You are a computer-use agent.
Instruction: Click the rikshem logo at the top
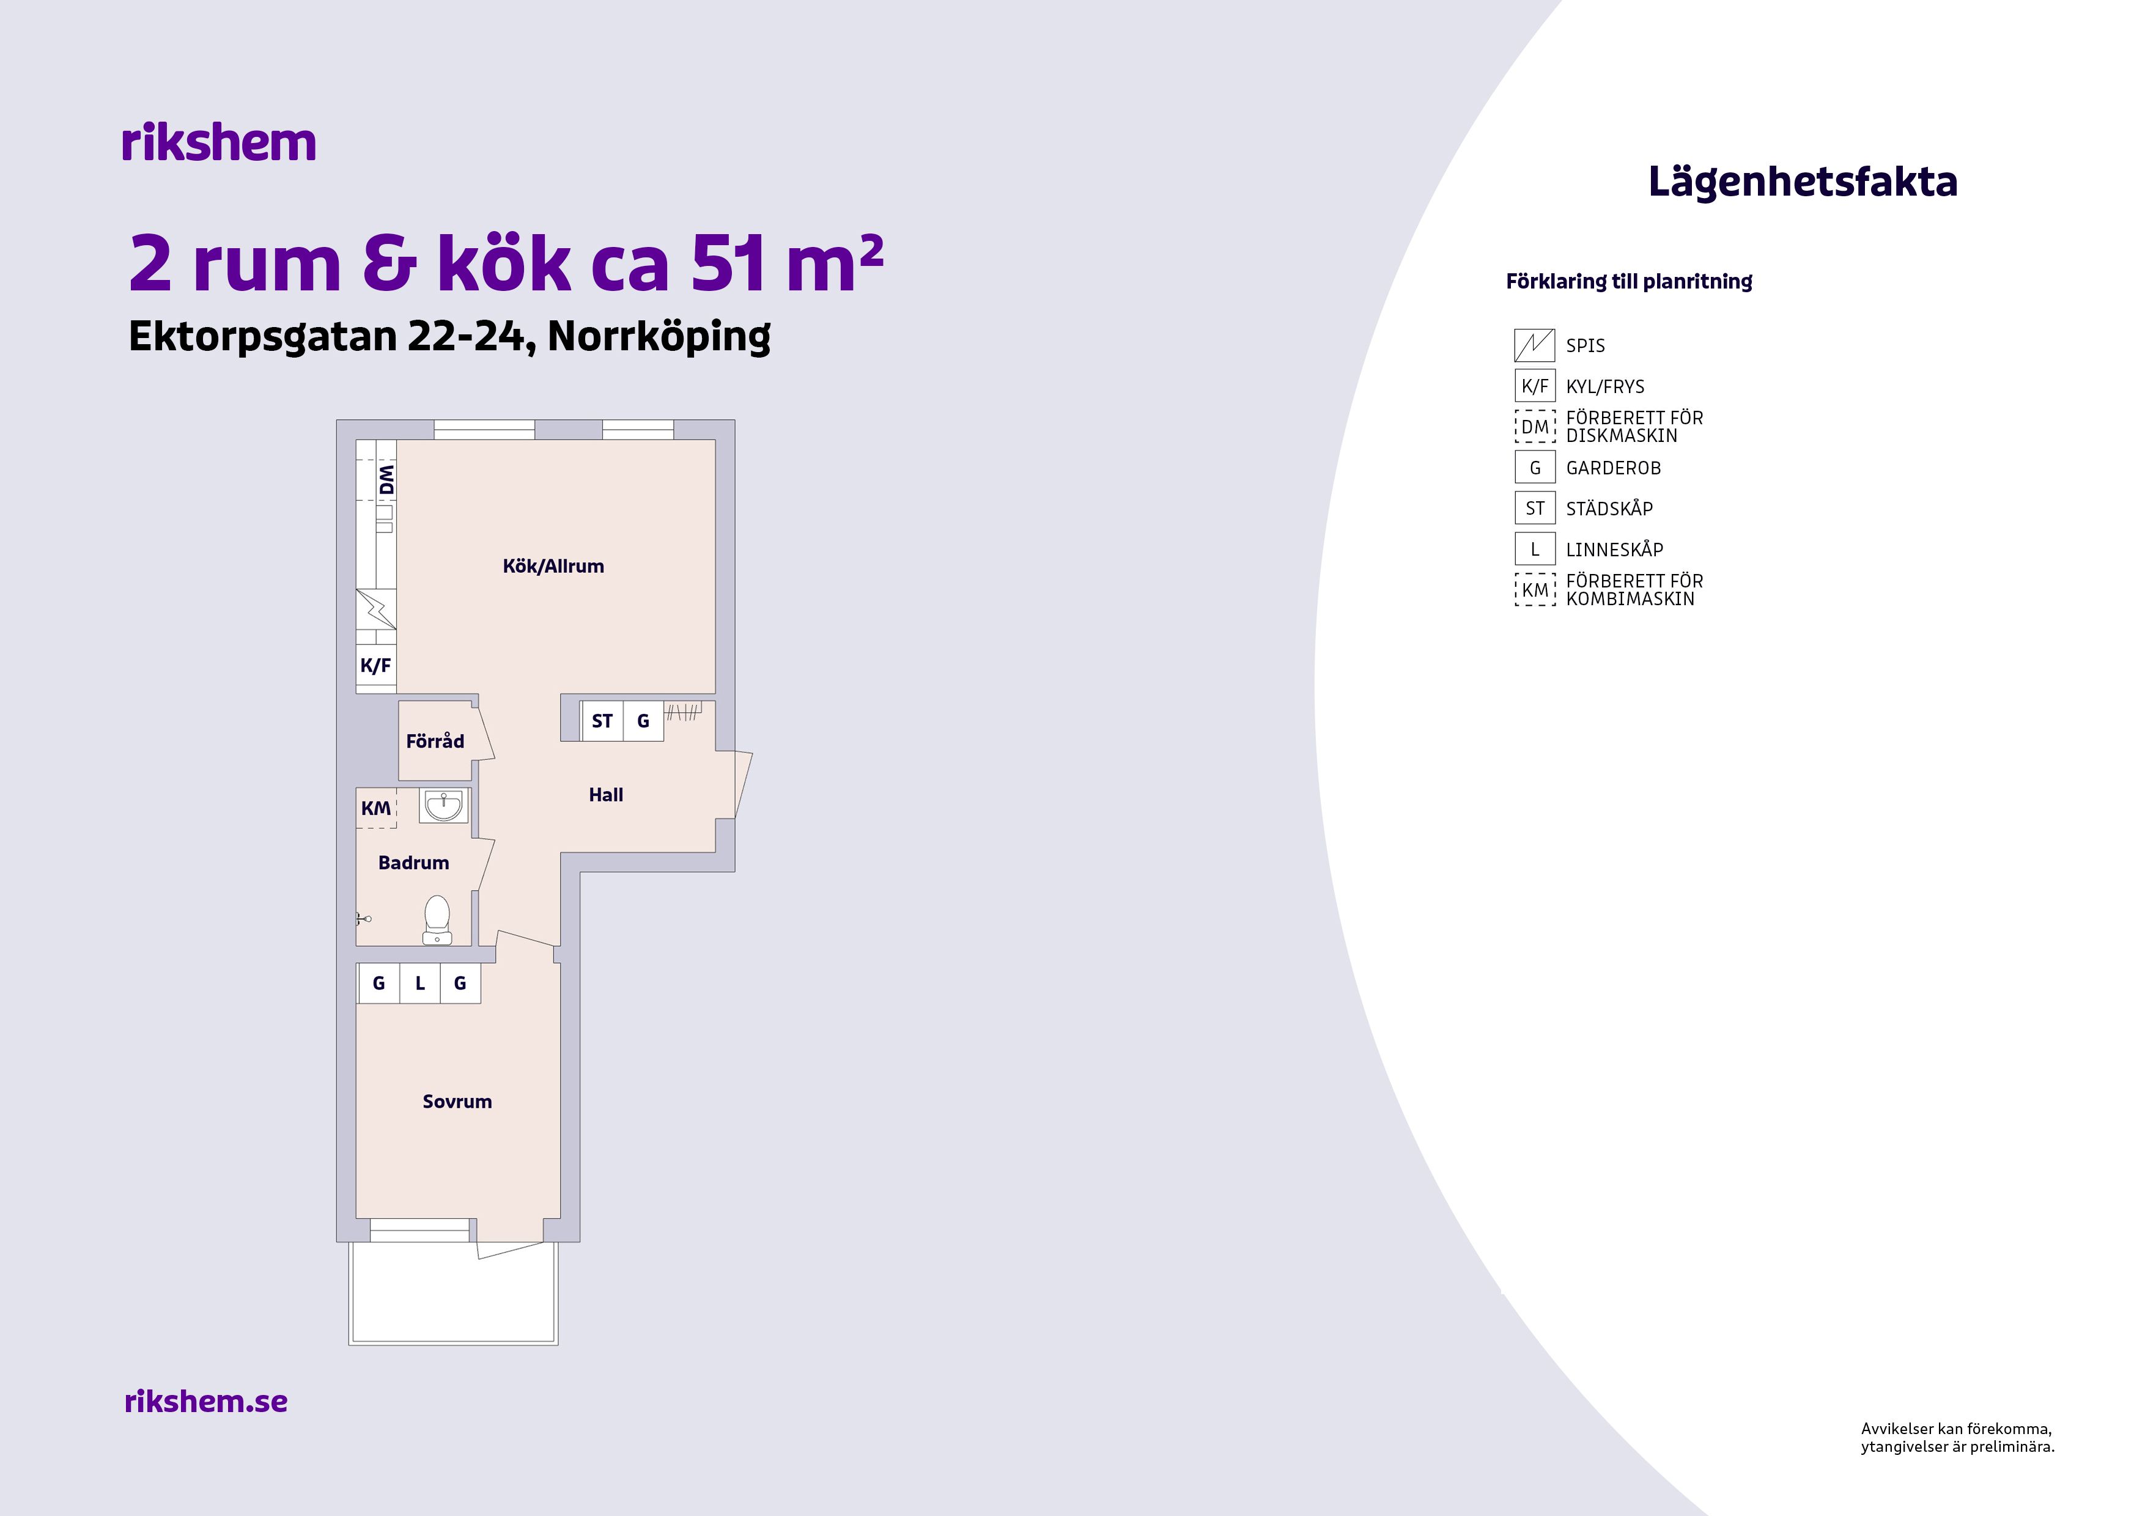pyautogui.click(x=219, y=143)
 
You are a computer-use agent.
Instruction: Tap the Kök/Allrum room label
pyautogui.click(x=553, y=566)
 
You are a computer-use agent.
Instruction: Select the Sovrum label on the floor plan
pyautogui.click(x=457, y=1102)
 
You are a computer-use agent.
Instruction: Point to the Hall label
pyautogui.click(x=605, y=795)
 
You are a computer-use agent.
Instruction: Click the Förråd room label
pyautogui.click(x=434, y=741)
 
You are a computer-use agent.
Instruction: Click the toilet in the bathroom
pyautogui.click(x=437, y=920)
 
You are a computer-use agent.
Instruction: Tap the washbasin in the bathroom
pyautogui.click(x=443, y=805)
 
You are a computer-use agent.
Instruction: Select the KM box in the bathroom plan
pyautogui.click(x=377, y=808)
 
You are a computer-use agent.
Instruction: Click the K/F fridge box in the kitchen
pyautogui.click(x=375, y=666)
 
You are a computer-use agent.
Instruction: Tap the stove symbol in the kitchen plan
pyautogui.click(x=375, y=609)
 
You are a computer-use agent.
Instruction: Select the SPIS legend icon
pyautogui.click(x=1534, y=345)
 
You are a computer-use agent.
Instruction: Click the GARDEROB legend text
pyautogui.click(x=1614, y=468)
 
